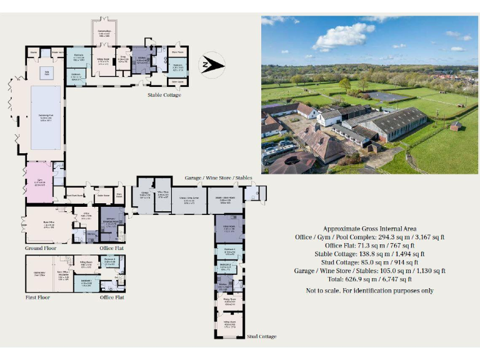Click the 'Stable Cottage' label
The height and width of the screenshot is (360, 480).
pyautogui.click(x=164, y=95)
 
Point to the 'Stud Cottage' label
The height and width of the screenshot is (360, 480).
pyautogui.click(x=261, y=337)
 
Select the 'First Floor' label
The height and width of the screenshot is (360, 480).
pyautogui.click(x=37, y=297)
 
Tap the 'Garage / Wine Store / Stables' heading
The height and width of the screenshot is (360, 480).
pyautogui.click(x=219, y=178)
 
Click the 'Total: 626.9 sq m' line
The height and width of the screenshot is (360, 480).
pyautogui.click(x=370, y=280)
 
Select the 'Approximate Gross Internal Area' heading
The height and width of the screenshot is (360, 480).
pyautogui.click(x=370, y=229)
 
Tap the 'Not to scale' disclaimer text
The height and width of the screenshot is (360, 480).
pyautogui.click(x=370, y=291)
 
